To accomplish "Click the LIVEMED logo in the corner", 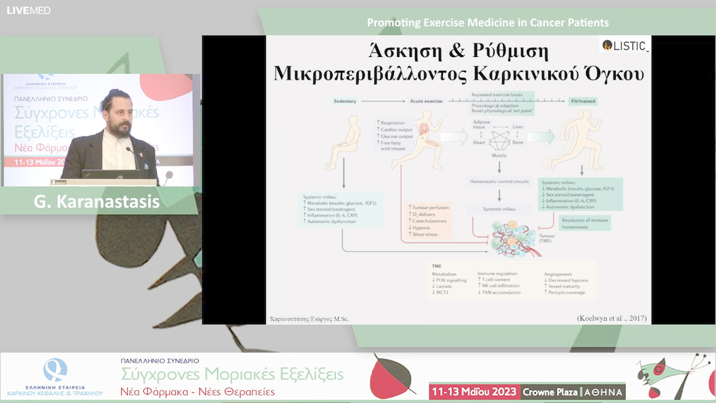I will (29, 11).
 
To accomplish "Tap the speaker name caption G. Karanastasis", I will (97, 201).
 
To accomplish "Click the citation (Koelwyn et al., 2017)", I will (611, 318).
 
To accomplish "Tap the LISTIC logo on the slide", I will (625, 45).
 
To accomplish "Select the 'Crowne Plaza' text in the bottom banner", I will (550, 392).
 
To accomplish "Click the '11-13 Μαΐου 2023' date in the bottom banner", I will (473, 392).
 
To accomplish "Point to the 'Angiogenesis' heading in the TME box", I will (556, 272).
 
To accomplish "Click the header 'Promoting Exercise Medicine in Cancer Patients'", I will (487, 23).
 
